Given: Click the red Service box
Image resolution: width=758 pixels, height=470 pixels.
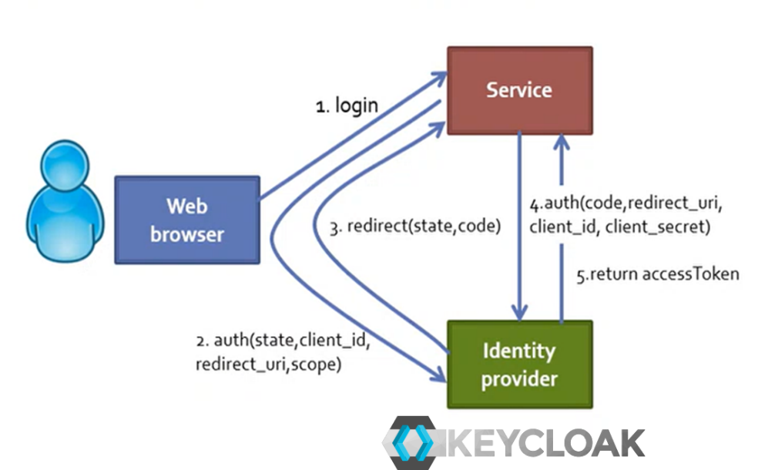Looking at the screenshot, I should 519,89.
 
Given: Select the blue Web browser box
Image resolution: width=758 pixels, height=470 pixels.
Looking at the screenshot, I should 187,220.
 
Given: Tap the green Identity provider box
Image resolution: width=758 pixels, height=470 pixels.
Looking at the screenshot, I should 519,364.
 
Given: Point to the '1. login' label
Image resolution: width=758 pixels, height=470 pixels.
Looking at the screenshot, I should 347,106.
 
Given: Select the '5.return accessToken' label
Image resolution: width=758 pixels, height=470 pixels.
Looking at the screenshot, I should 658,274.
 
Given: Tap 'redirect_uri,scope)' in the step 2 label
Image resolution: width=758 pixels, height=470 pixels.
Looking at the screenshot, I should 267,364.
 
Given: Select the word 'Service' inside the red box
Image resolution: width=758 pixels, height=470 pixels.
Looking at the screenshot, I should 519,89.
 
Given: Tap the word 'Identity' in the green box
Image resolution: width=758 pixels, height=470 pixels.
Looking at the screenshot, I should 519,351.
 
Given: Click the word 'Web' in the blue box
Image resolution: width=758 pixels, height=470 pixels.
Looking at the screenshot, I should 187,206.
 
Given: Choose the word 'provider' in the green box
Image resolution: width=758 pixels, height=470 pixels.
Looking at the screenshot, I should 519,379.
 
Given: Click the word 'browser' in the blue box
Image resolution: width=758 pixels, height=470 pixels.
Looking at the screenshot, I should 187,233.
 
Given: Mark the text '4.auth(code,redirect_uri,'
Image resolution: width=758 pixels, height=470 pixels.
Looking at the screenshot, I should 626,205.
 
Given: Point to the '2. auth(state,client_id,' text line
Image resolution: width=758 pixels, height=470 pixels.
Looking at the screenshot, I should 283,341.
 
